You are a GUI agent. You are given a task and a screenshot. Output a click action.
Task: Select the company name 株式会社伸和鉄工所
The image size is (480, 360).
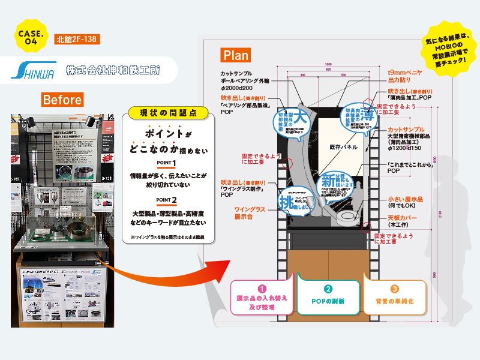pos(113,70)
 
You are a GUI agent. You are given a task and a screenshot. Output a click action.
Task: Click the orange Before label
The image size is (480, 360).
pos(62,99)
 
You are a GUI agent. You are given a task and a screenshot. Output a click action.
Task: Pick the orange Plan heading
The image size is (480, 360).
pos(236,55)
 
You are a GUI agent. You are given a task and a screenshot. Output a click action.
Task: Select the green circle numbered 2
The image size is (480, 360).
pos(328,288)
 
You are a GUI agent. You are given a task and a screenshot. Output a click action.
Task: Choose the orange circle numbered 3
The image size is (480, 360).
pos(394,288)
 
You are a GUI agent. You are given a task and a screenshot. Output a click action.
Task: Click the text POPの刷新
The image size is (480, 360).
pos(328,301)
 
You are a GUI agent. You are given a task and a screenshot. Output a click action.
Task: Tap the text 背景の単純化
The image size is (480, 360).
pos(394,301)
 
